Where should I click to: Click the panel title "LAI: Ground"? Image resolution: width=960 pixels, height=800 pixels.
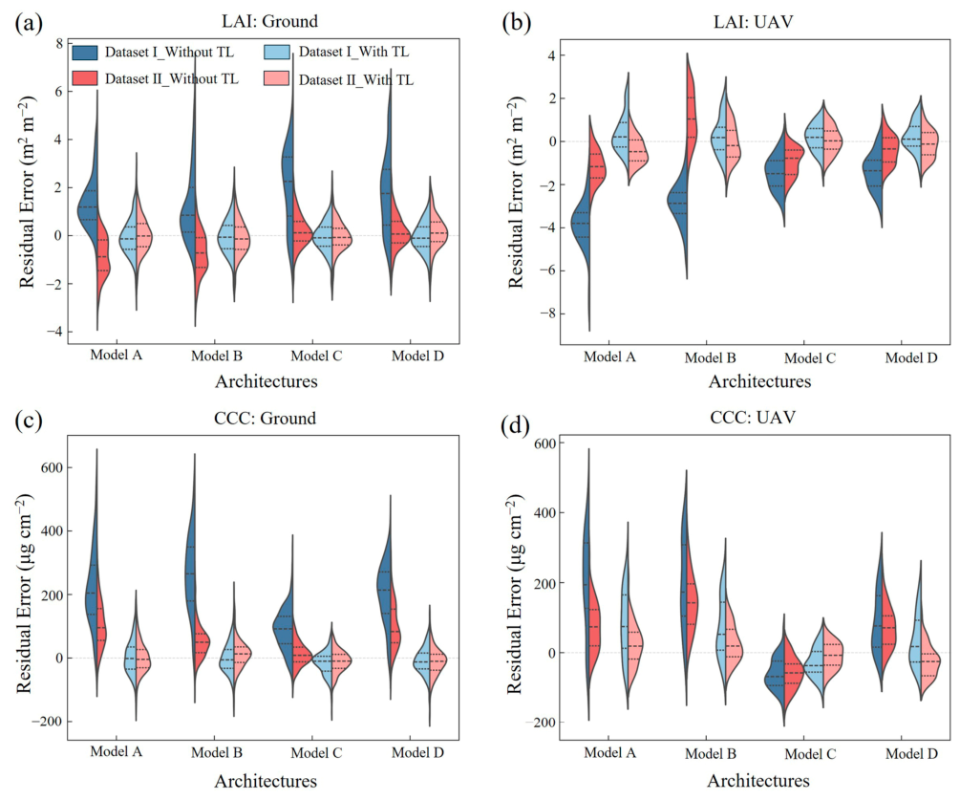[x=269, y=21]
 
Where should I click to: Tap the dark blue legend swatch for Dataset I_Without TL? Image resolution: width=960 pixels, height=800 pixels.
[x=84, y=52]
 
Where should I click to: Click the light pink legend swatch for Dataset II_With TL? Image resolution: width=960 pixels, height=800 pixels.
[x=277, y=79]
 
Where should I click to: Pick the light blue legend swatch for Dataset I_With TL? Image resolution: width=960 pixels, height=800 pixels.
[x=277, y=52]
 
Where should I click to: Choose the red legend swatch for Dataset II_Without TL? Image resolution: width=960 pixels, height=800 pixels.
[x=84, y=78]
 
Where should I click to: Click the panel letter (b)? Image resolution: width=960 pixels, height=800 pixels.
[x=516, y=23]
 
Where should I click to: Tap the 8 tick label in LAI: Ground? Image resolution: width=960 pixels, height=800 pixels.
[x=59, y=44]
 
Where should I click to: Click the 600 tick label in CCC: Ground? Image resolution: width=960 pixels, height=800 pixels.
[x=52, y=467]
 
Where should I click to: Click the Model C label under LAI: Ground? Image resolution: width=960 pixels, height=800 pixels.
[x=316, y=356]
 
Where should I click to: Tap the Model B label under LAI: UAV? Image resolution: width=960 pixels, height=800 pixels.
[x=710, y=357]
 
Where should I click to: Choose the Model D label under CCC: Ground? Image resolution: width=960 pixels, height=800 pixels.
[x=418, y=752]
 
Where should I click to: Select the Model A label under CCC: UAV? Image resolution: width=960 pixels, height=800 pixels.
[x=609, y=753]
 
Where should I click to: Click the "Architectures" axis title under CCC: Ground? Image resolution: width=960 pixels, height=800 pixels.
[x=266, y=781]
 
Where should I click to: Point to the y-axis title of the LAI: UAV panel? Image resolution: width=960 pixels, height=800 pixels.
[x=516, y=192]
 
